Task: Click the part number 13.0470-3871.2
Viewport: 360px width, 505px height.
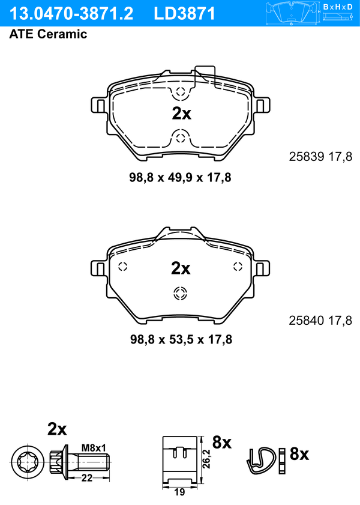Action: [71, 14]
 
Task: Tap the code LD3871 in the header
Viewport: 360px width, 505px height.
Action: [184, 14]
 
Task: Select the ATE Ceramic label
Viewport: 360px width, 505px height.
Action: [48, 34]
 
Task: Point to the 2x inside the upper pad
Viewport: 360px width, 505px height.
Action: [181, 113]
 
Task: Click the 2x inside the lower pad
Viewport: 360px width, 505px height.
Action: [181, 268]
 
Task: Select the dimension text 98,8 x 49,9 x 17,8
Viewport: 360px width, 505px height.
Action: [180, 178]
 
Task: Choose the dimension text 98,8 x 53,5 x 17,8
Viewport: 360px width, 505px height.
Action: [181, 339]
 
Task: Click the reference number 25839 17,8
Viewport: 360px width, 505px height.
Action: [320, 157]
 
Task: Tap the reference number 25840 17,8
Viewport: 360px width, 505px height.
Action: [320, 321]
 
